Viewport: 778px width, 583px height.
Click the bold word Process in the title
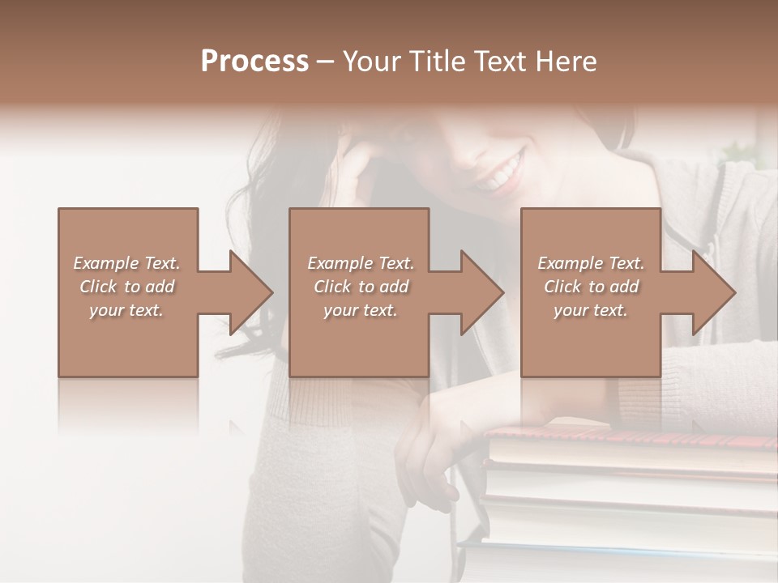point(254,62)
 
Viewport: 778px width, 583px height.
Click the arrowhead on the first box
point(247,292)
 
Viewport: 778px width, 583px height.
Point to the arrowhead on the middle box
point(478,292)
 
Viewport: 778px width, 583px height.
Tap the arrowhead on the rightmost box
point(710,292)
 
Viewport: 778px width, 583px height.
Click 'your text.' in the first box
point(126,310)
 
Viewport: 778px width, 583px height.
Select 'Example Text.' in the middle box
point(361,263)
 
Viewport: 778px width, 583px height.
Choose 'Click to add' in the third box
point(592,287)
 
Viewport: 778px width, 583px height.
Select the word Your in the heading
point(372,62)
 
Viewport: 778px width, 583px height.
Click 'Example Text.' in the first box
point(126,263)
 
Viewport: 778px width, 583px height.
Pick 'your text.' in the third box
point(592,310)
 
